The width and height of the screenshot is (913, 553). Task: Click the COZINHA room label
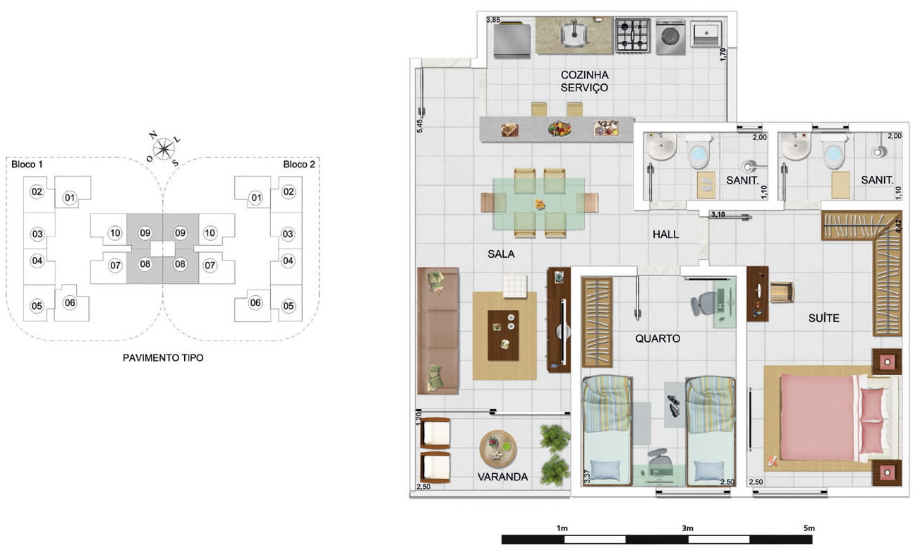pos(584,75)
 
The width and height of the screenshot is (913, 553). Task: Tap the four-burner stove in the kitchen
pos(633,35)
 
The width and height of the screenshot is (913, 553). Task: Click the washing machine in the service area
pos(670,37)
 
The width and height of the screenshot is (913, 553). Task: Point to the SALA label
pos(501,254)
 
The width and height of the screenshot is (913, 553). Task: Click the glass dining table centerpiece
pos(540,203)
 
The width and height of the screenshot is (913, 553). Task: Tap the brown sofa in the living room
pos(438,331)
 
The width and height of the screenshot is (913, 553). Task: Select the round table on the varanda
pos(498,448)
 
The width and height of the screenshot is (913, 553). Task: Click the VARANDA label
pos(502,477)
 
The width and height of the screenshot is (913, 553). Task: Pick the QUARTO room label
pos(658,338)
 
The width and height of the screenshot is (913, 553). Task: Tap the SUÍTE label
pos(823,318)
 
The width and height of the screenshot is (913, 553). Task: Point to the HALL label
pos(665,234)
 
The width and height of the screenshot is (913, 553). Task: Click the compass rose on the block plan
pos(164,148)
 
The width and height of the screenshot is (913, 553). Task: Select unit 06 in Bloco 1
pos(70,302)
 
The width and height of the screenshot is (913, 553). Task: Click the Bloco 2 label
pos(298,165)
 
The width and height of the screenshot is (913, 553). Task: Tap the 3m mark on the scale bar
pos(687,528)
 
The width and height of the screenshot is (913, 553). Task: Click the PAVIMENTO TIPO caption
pos(163,358)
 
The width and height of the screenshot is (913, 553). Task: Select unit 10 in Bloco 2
pos(210,233)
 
